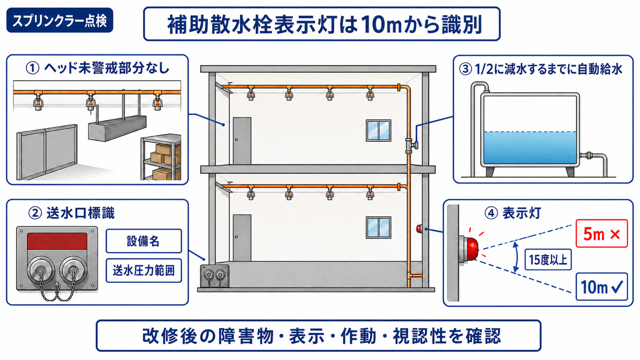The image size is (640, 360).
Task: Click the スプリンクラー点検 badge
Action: pos(59,20)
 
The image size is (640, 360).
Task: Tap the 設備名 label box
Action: pos(143,241)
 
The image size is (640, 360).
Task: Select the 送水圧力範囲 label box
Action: pos(143,270)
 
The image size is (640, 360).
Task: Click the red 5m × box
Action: pos(601,233)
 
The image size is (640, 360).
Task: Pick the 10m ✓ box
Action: pos(601,286)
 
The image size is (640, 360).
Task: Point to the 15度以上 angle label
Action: pos(548,259)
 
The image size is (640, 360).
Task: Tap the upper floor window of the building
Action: pos(378,130)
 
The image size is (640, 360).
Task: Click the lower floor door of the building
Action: pos(242,238)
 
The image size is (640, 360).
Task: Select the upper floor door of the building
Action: pos(242,140)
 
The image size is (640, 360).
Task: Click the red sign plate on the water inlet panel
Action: pos(57,241)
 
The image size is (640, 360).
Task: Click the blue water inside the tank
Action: pos(530,147)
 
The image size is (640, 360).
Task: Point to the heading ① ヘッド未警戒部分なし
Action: pos(97,68)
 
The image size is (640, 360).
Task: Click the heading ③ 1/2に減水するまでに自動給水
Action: pos(540,69)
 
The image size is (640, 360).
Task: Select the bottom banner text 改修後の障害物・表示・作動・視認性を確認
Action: pos(321,336)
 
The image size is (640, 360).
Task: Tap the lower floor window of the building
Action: pos(378,227)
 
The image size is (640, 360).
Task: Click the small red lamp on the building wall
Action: pos(419,228)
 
